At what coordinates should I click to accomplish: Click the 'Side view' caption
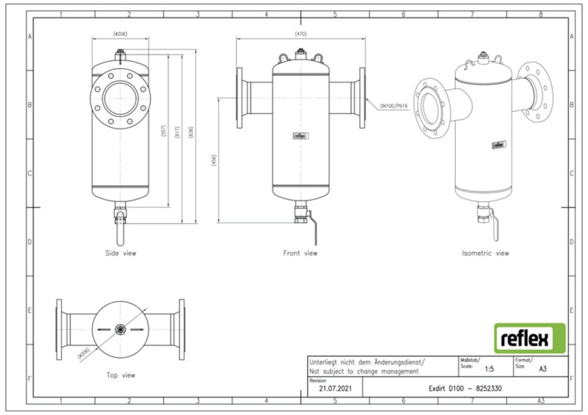121,253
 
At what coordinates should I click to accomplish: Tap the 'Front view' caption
300,253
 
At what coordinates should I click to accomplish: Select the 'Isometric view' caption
485,253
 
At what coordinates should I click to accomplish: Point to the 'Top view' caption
121,375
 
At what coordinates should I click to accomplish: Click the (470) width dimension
301,34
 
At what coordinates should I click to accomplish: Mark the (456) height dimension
214,161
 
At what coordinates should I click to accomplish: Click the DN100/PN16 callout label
394,105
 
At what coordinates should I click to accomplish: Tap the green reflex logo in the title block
529,338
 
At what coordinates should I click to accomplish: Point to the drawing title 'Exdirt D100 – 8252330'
465,389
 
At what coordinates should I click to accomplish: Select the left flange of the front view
240,98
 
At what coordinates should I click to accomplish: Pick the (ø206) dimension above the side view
120,34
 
